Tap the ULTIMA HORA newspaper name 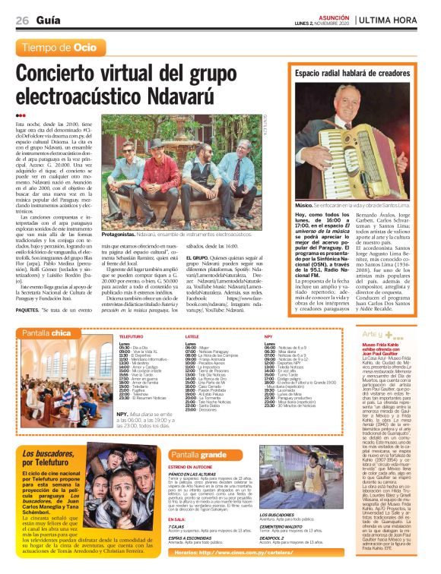(396, 19)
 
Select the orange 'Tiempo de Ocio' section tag (62, 47)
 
